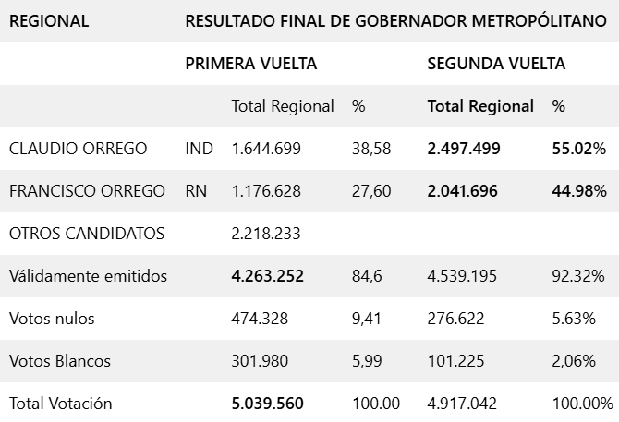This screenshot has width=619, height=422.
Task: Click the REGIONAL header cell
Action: (49, 20)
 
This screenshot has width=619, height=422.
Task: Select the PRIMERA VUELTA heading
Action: (251, 64)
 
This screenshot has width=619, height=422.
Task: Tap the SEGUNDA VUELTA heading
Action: (496, 64)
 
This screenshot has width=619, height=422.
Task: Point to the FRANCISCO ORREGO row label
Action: (87, 191)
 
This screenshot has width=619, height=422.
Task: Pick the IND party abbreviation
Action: (199, 149)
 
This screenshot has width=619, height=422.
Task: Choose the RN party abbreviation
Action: (195, 191)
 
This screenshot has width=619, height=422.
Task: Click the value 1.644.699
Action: (266, 149)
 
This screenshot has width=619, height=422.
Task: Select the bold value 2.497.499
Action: (464, 149)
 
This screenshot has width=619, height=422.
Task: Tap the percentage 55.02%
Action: (578, 149)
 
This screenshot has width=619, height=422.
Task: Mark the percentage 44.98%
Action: (578, 191)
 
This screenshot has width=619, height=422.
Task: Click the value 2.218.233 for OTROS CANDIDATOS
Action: (266, 234)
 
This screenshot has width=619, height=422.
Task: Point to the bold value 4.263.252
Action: (267, 276)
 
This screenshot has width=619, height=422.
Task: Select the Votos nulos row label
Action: (52, 319)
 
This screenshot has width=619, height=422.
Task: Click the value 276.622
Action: (455, 319)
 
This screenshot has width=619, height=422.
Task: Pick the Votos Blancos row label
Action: (59, 361)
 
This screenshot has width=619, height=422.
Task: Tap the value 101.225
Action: (455, 361)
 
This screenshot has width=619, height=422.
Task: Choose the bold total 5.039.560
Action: (267, 404)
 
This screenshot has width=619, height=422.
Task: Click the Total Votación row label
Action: (60, 404)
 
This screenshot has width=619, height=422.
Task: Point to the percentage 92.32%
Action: (578, 276)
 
